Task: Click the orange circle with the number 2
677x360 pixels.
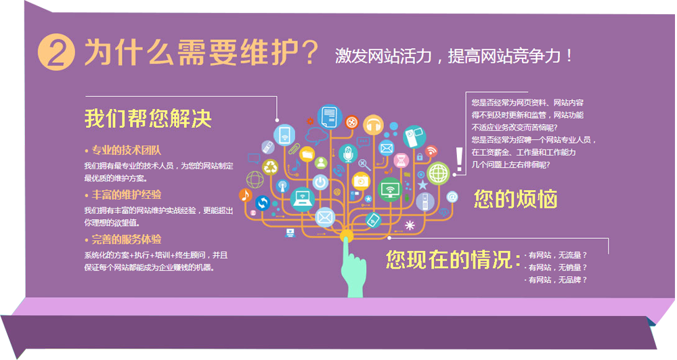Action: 57,52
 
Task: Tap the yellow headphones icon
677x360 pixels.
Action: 374,125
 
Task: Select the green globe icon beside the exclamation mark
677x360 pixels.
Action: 438,173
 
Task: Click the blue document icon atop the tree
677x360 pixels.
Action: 330,117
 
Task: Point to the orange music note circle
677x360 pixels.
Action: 246,195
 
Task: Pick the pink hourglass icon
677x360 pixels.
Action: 401,160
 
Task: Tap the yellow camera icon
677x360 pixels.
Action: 361,181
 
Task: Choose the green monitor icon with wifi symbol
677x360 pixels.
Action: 390,190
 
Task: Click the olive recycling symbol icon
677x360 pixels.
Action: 270,167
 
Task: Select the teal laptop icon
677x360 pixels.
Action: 302,200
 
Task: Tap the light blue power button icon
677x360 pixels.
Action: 320,182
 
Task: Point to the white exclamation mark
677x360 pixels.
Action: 460,160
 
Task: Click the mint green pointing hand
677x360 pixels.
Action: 353,269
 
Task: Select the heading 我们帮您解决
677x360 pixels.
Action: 148,118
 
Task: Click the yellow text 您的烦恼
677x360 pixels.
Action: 515,199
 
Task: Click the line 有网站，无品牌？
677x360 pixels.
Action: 557,280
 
